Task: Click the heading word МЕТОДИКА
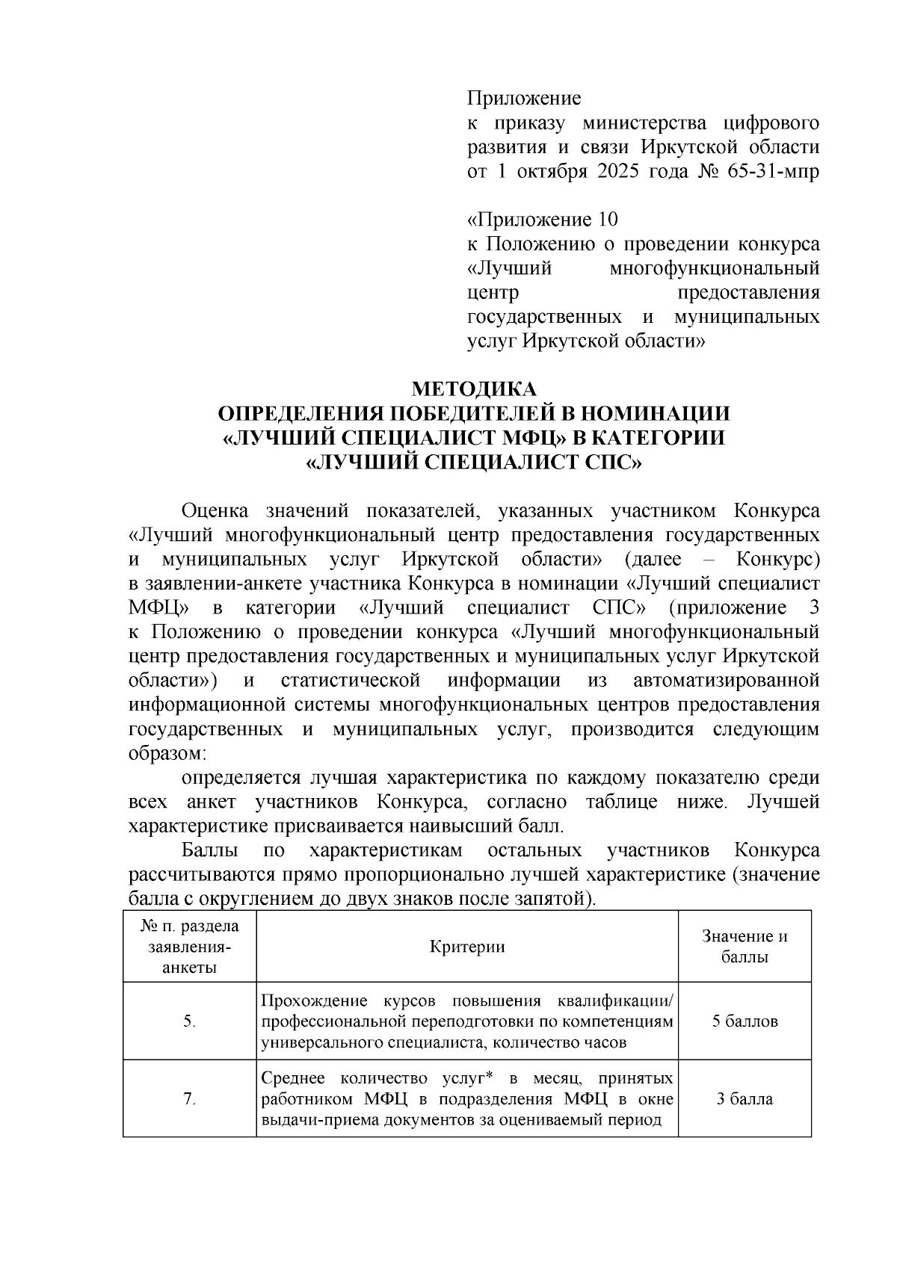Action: pyautogui.click(x=475, y=389)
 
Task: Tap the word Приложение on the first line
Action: pyautogui.click(x=524, y=99)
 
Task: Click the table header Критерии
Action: pyautogui.click(x=467, y=947)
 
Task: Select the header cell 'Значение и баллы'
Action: pyautogui.click(x=745, y=947)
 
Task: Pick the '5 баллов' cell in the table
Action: pyautogui.click(x=745, y=1021)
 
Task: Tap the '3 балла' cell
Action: pyautogui.click(x=745, y=1098)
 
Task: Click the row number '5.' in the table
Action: pyautogui.click(x=189, y=1021)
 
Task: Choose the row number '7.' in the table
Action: pyautogui.click(x=189, y=1099)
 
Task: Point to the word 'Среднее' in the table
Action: pyautogui.click(x=295, y=1079)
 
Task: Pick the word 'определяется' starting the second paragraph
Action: pyautogui.click(x=240, y=778)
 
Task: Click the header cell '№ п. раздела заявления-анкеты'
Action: pyautogui.click(x=189, y=947)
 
